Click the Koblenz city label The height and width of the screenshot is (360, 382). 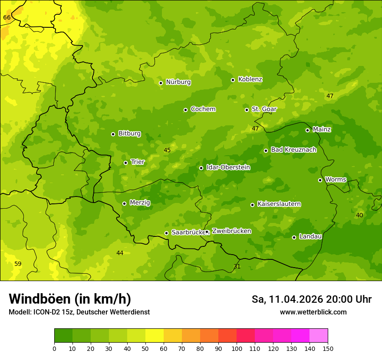250,79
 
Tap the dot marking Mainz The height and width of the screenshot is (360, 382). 307,130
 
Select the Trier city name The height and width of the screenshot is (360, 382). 138,162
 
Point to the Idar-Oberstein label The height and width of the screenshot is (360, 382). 228,167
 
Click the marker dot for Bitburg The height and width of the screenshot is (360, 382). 113,134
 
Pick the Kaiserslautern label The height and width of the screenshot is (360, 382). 279,204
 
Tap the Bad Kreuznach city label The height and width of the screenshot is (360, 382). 293,150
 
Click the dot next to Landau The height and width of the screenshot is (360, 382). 294,237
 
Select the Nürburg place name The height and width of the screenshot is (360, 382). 178,82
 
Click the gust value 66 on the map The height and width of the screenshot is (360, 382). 7,17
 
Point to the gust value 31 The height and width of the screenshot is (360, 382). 237,266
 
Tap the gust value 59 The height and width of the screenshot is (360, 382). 18,264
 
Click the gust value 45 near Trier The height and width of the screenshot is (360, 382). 167,151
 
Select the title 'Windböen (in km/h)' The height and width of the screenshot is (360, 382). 70,299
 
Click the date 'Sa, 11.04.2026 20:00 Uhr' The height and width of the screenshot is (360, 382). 311,299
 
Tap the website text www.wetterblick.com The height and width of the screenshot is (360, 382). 313,312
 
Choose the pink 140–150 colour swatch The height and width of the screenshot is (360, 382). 319,336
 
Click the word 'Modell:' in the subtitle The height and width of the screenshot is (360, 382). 20,312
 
